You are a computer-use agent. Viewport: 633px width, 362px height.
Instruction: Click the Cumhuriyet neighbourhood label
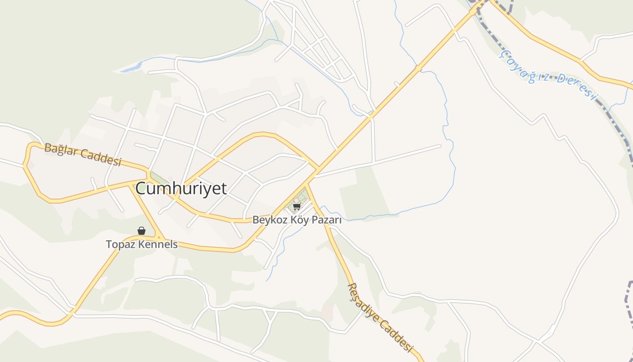[x=181, y=188]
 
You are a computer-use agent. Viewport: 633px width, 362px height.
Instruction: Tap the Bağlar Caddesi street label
[x=83, y=155]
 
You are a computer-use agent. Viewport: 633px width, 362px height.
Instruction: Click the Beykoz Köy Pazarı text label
[x=297, y=220]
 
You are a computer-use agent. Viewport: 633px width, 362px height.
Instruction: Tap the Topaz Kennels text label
[x=142, y=245]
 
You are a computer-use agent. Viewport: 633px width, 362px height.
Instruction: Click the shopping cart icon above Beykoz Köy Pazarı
[x=297, y=207]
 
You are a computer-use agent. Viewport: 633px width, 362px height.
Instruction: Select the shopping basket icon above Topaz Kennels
[x=142, y=231]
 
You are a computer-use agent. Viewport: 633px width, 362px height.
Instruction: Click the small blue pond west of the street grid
[x=131, y=68]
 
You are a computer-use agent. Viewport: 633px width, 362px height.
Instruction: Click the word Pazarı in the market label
[x=327, y=220]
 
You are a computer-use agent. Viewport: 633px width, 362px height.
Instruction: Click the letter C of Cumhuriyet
[x=142, y=188]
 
